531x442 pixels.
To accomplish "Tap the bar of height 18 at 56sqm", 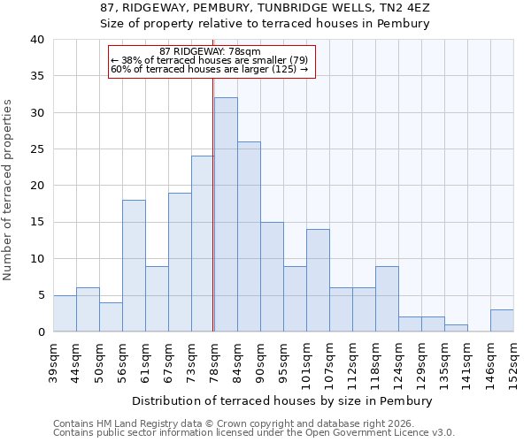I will pyautogui.click(x=134, y=265).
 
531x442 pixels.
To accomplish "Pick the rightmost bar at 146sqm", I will pyautogui.click(x=502, y=321).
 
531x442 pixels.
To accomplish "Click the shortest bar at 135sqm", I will pyautogui.click(x=456, y=328).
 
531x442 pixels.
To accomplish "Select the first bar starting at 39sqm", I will pyautogui.click(x=65, y=314).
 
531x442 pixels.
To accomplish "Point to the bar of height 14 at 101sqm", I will pyautogui.click(x=318, y=280).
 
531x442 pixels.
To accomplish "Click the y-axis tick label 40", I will pyautogui.click(x=36, y=40).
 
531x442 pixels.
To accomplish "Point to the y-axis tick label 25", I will pyautogui.click(x=36, y=149).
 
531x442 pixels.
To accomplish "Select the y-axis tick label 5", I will pyautogui.click(x=40, y=295).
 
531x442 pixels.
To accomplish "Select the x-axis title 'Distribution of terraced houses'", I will pyautogui.click(x=282, y=400).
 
